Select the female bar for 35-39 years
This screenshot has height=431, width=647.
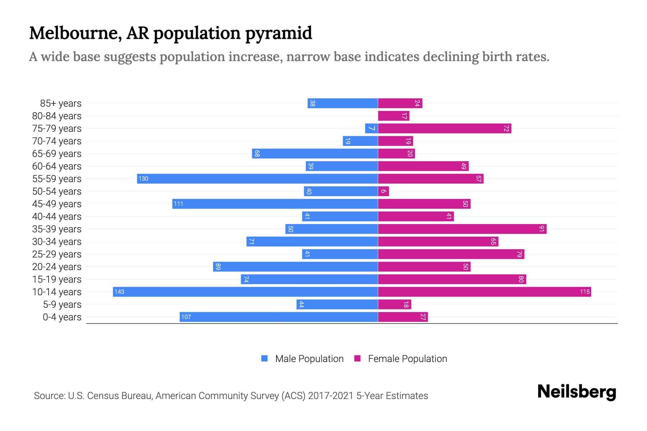coord(462,229)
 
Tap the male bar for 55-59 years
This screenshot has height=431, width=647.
coord(257,179)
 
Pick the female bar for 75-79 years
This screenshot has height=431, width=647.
coord(444,128)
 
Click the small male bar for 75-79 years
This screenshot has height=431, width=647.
coord(371,128)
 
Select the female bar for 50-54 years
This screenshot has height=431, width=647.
coord(383,191)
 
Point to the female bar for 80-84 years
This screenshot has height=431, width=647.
coord(393,116)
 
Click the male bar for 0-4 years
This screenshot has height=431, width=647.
coord(279,317)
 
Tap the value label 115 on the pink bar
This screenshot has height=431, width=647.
coord(584,292)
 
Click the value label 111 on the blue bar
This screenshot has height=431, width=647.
coord(178,204)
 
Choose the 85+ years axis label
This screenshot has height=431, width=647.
coord(61,103)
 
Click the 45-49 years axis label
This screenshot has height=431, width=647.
coord(57,204)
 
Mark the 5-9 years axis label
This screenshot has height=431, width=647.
coord(62,305)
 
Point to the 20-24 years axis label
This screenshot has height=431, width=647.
coord(57,267)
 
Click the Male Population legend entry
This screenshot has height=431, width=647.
coord(309,358)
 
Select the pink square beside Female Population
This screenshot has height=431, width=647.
coord(357,358)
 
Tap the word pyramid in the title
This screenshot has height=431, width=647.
coord(279,33)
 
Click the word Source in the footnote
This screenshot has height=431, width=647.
coord(49,395)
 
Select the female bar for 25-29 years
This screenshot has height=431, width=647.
coord(451,254)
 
